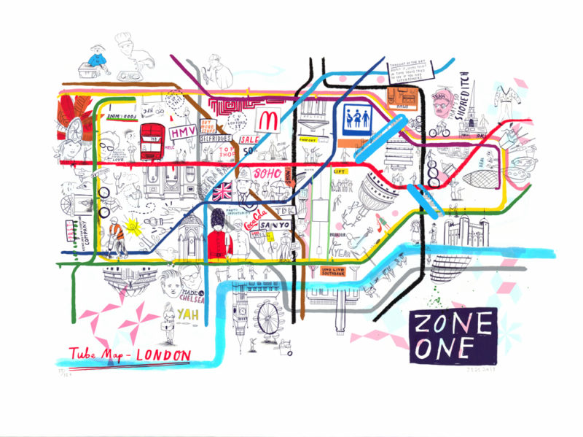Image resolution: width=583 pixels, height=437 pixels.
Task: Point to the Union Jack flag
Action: (x=221, y=192)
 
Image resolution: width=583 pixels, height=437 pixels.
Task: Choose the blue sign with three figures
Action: (x=355, y=117)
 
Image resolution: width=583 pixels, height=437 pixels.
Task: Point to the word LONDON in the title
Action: (x=164, y=355)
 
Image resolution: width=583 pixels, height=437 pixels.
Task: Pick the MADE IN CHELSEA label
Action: (x=193, y=295)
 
